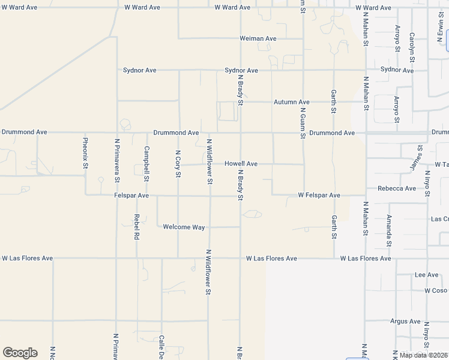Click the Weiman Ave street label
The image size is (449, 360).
pos(258,38)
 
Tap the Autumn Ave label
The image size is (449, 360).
pos(292,102)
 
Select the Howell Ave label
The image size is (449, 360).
pos(241,164)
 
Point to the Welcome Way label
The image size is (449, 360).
pos(184,227)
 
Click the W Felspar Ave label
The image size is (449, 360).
pos(319,196)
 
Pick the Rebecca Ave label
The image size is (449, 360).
pos(397,188)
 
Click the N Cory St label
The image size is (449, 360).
pos(178,164)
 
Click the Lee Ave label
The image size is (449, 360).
pos(427,275)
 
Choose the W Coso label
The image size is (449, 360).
pos(435,290)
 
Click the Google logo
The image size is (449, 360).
pos(20,353)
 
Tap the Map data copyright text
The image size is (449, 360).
pos(424,355)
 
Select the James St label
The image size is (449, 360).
pos(413,157)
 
